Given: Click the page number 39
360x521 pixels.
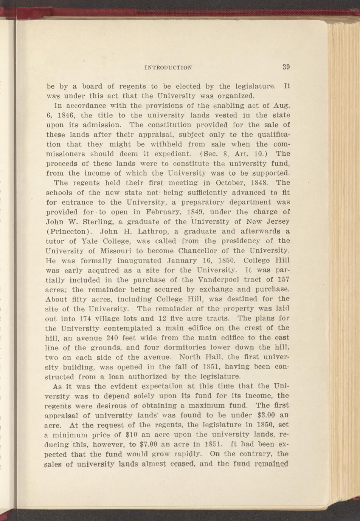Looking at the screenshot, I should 286,67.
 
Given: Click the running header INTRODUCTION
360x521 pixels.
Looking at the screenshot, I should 168,68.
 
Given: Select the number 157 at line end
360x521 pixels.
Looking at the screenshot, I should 283,280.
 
